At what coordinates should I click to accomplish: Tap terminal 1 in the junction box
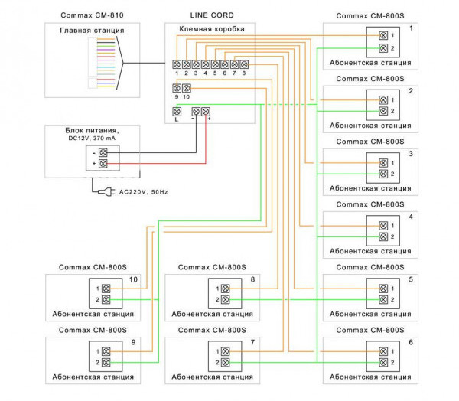[177, 65]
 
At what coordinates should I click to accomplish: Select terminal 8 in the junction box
[243, 65]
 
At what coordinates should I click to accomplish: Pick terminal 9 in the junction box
[177, 89]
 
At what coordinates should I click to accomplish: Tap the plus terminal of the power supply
[101, 164]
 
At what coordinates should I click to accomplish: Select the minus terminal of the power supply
[101, 151]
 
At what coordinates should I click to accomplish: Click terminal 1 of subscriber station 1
[383, 35]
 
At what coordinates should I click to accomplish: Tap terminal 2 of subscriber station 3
[383, 174]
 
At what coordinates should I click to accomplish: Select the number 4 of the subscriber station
[411, 217]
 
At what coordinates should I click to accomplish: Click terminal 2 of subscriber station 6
[383, 363]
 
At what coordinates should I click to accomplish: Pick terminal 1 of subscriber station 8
[226, 288]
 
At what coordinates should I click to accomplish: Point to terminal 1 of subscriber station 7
[226, 350]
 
